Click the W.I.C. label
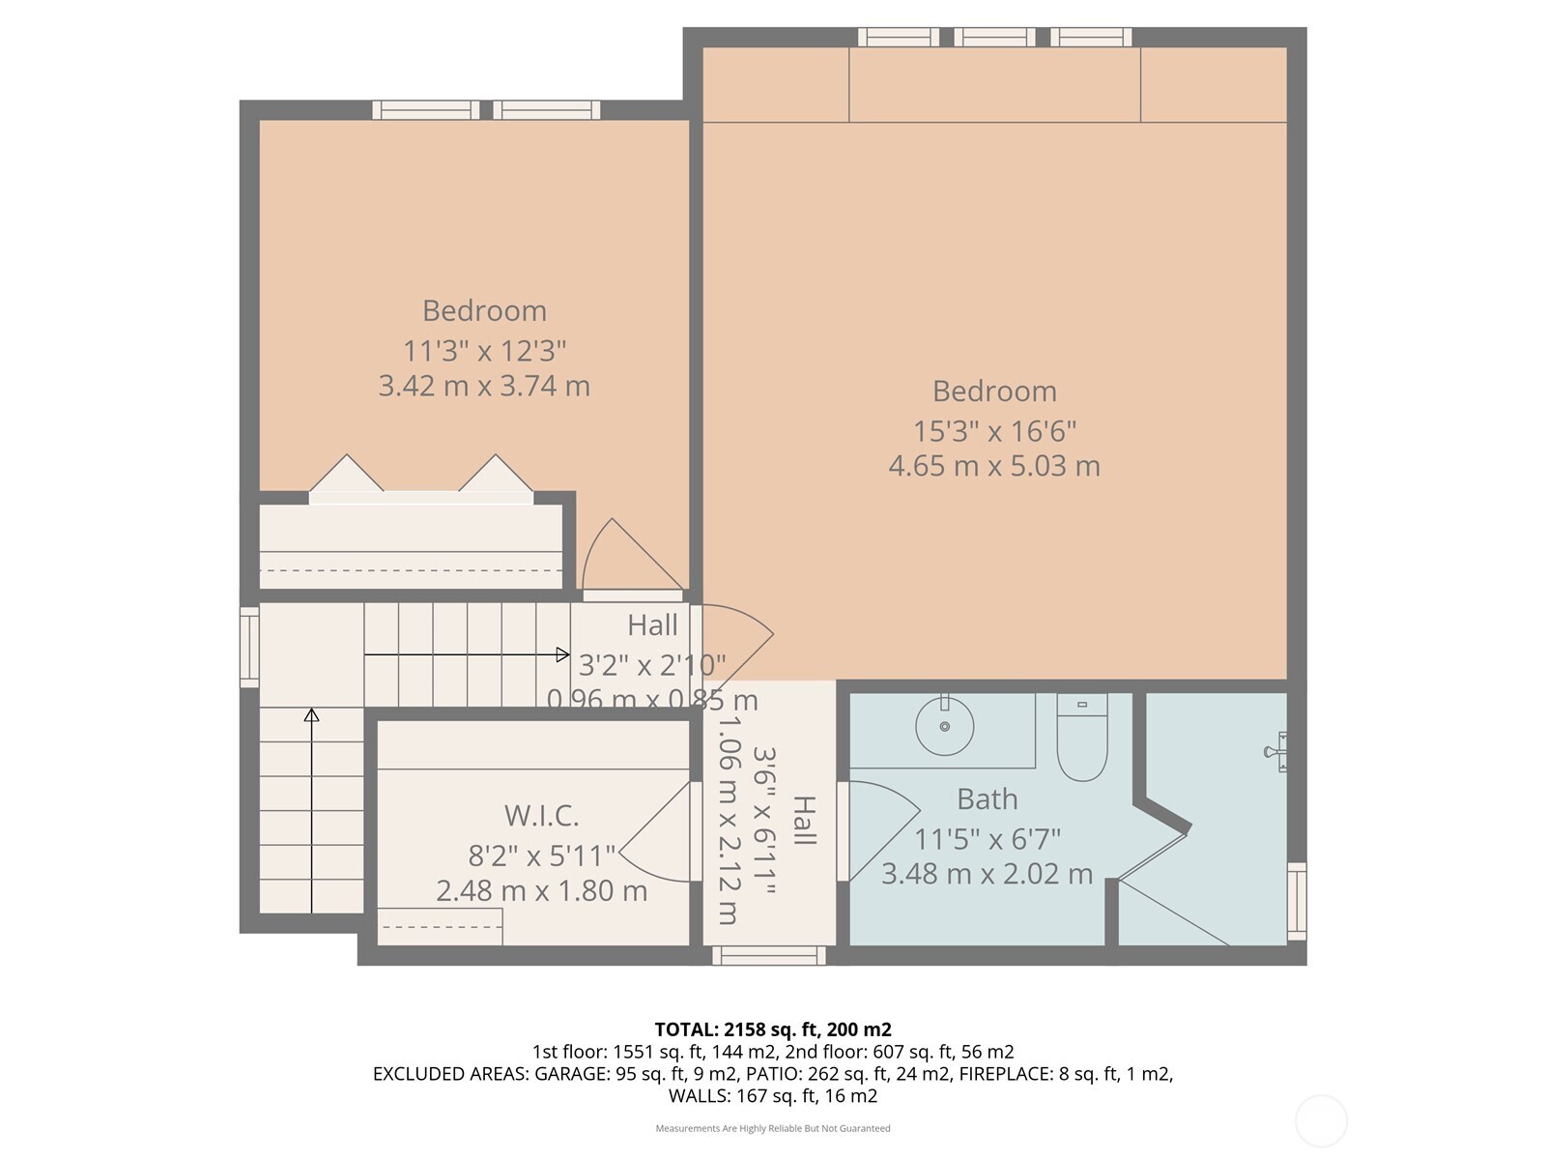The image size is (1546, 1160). point(541,816)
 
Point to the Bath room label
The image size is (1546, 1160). point(987,799)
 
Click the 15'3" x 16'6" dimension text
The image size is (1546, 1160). point(994,430)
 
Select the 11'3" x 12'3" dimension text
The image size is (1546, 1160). point(484,350)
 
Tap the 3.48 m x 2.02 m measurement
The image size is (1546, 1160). point(987,874)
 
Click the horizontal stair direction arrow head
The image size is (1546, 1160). point(563,655)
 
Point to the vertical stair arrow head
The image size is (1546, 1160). point(311,715)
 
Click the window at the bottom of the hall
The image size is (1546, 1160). point(769,955)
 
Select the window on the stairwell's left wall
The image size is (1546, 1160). point(249,647)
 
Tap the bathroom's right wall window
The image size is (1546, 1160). point(1296,901)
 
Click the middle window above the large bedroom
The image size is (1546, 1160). point(994,38)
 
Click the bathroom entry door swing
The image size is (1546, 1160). point(879,826)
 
